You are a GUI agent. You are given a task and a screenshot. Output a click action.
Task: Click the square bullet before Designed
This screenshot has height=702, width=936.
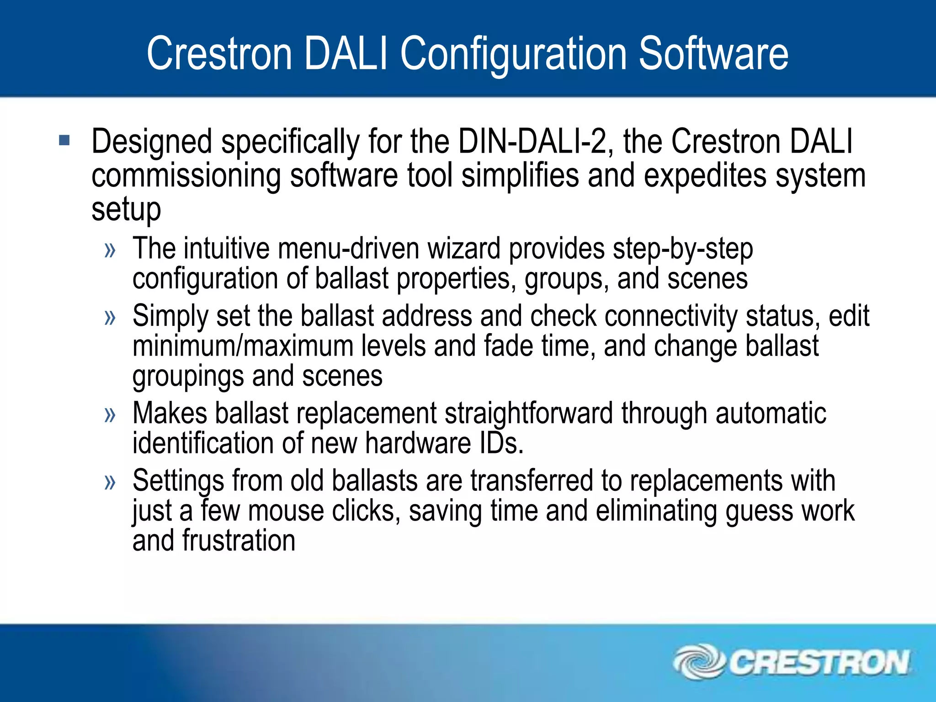(x=64, y=140)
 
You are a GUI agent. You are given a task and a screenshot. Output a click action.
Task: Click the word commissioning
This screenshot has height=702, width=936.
(x=186, y=176)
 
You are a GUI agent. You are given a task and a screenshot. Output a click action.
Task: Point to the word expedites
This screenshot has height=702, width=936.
(x=704, y=176)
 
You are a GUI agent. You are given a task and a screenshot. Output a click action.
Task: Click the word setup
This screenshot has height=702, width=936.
(x=126, y=210)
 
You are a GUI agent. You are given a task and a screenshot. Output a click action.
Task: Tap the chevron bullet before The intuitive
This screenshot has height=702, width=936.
(x=110, y=250)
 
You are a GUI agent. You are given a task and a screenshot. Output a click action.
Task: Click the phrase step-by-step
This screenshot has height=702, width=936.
(x=683, y=250)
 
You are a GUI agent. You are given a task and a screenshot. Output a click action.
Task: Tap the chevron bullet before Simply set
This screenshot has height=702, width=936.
(x=110, y=317)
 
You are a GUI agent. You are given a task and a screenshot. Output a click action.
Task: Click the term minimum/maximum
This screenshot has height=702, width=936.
(x=243, y=346)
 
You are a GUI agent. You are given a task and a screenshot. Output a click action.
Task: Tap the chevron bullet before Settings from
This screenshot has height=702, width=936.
(x=110, y=482)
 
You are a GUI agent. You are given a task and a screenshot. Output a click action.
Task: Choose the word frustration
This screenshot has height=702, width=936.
(x=239, y=541)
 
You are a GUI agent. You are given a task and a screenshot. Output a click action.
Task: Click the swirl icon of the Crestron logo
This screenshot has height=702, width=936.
(x=698, y=662)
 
